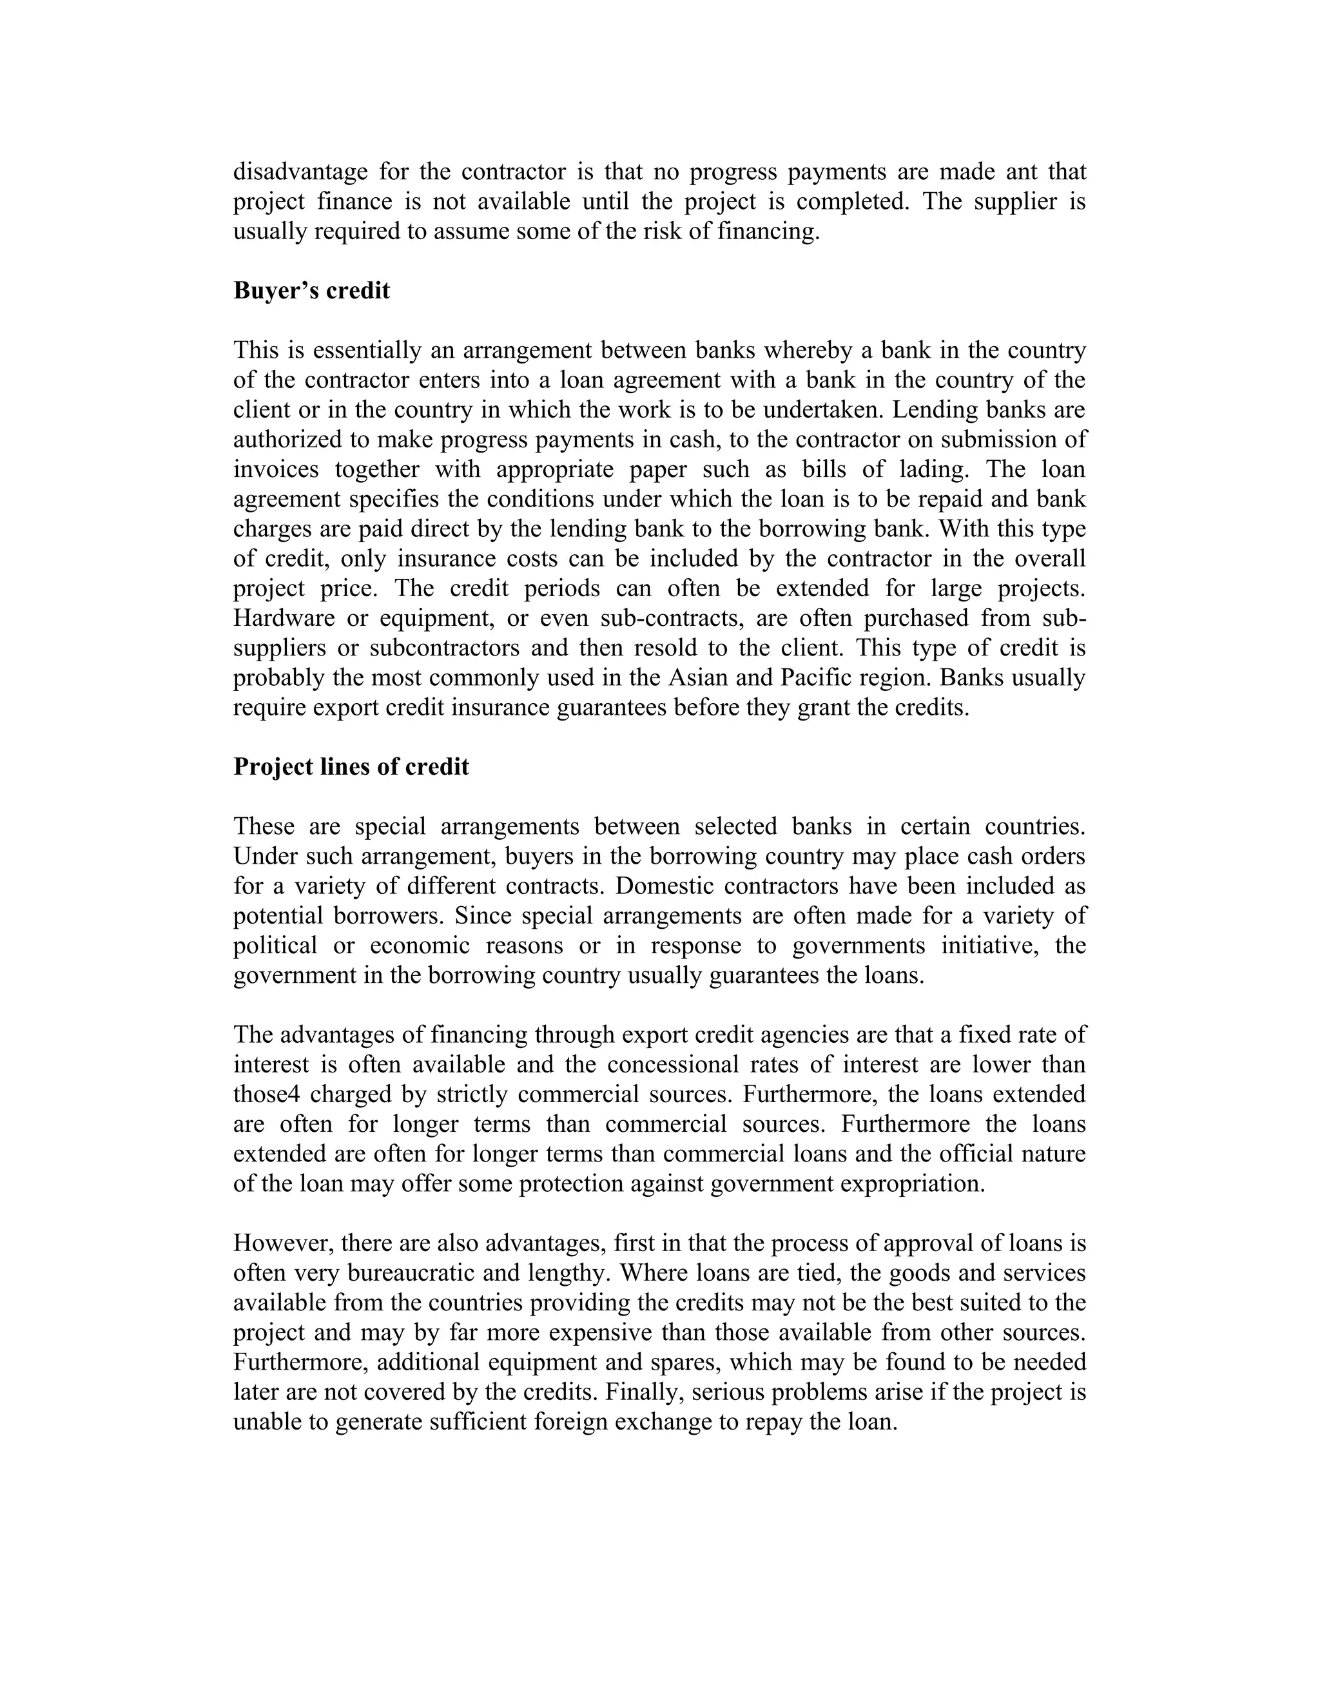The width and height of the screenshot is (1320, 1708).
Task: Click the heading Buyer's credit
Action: (x=311, y=291)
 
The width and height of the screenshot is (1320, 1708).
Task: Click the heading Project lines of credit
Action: (x=351, y=766)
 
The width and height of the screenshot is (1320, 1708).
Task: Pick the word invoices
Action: (x=276, y=469)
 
